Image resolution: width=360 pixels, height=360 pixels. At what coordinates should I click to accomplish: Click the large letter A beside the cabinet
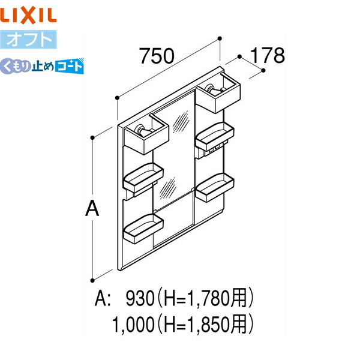(x=91, y=209)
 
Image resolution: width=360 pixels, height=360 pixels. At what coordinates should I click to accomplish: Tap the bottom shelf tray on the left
(x=143, y=229)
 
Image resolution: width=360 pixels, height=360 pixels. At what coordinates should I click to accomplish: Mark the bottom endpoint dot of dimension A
(x=92, y=278)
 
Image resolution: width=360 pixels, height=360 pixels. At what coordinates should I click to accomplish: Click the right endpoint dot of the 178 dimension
(x=264, y=70)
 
